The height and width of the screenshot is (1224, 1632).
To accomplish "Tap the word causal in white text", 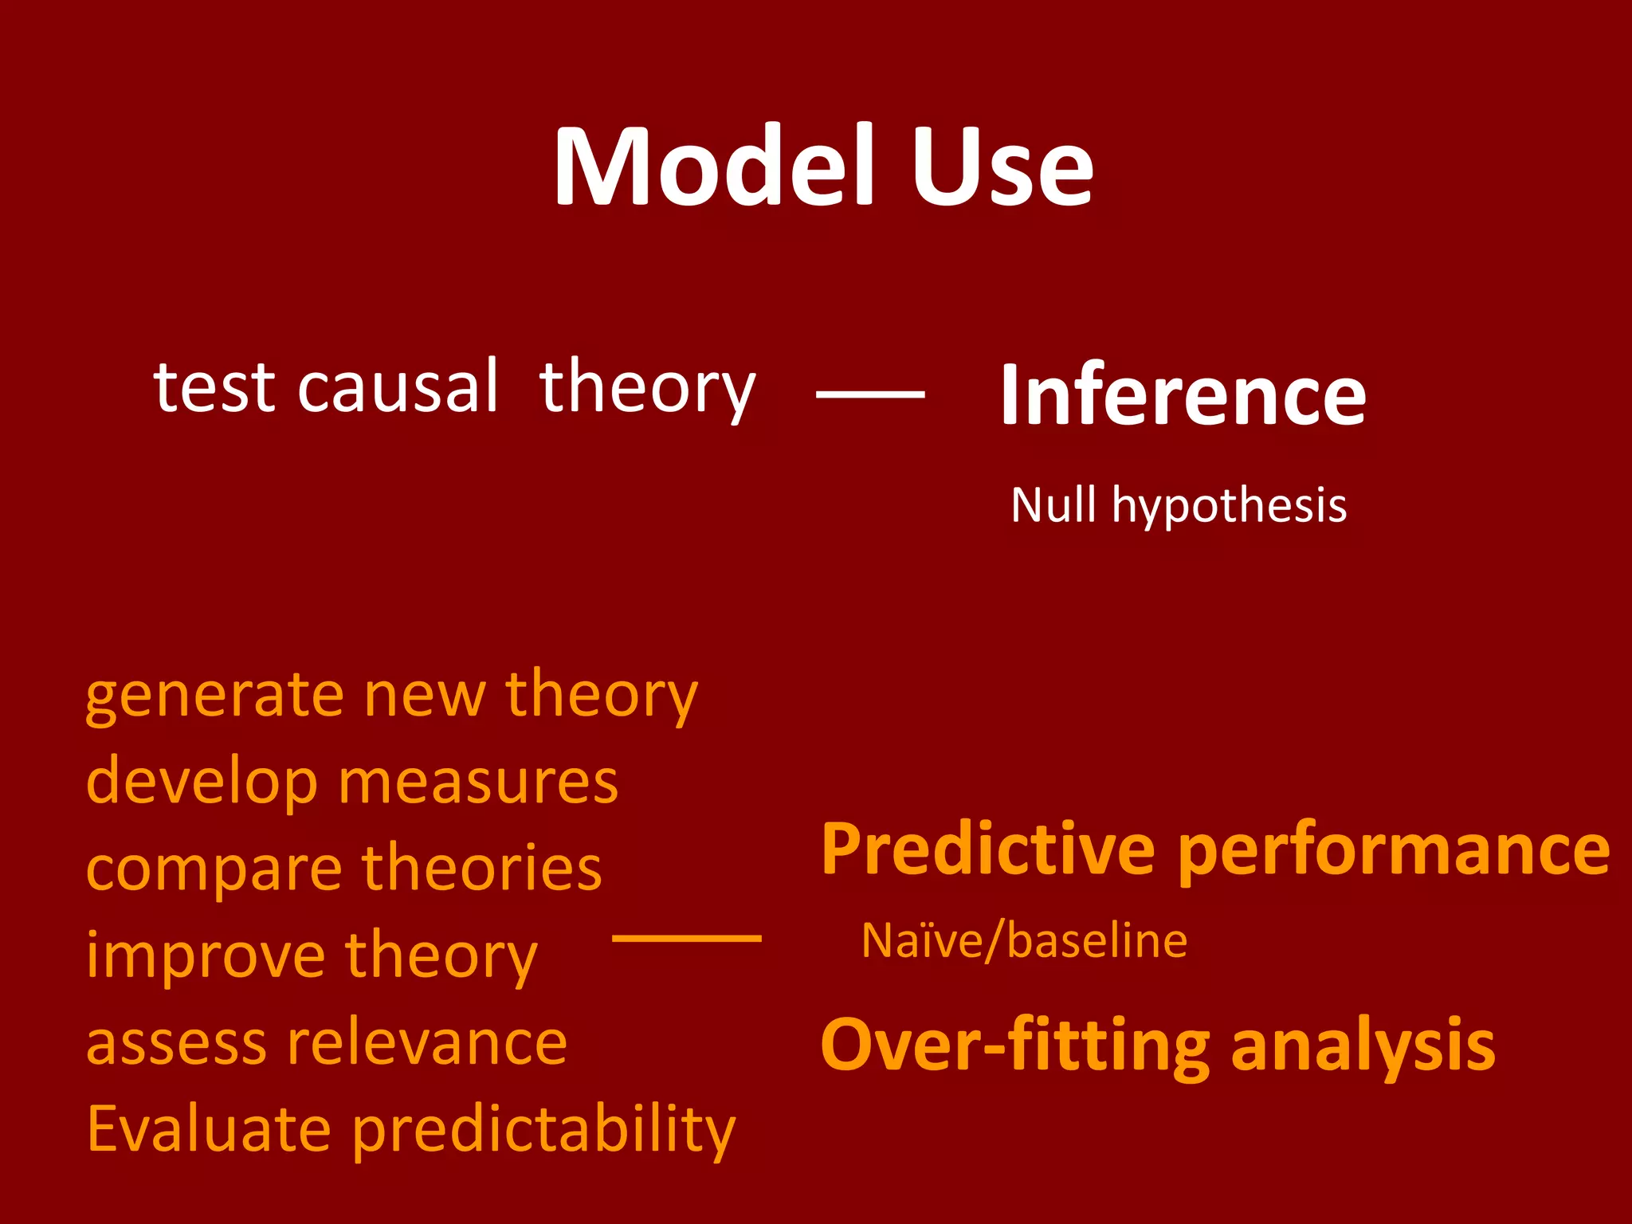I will (398, 387).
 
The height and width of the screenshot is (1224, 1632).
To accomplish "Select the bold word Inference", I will (1183, 394).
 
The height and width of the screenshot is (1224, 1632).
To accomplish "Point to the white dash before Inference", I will (870, 394).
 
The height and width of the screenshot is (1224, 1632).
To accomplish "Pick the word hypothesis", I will (1229, 507).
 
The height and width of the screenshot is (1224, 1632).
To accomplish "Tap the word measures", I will (478, 782).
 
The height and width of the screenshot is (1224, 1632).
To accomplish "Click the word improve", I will (206, 956).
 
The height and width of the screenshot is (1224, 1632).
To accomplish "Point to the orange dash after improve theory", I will (686, 939).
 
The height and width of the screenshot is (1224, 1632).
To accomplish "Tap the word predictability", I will (543, 1132).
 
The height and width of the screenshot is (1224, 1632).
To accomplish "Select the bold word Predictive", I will (988, 850).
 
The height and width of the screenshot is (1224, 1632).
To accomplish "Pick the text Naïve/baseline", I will (1024, 941).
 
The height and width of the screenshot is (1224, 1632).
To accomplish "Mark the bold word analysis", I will (1363, 1046).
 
